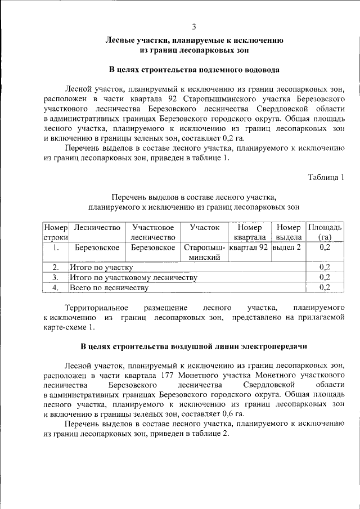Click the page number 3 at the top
click(194, 26)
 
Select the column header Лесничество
click(97, 228)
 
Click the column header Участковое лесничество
click(152, 233)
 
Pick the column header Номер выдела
click(288, 233)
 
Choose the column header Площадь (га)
click(324, 233)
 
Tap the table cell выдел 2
click(286, 247)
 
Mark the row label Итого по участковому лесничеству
click(133, 277)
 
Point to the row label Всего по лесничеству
click(109, 288)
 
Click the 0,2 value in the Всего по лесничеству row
click(324, 288)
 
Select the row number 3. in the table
click(56, 277)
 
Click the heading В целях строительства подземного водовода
click(194, 70)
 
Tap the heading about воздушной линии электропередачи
click(194, 344)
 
